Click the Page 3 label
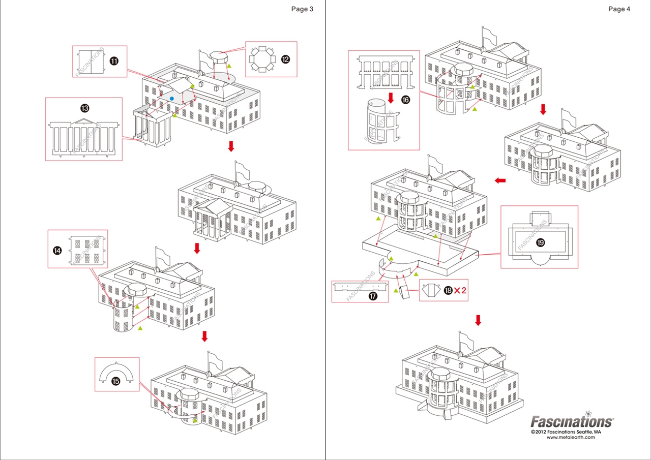302,9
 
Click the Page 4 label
619,9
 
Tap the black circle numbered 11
114,61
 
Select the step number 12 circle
285,59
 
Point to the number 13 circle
84,108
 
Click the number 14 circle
57,250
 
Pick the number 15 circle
115,381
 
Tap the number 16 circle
405,100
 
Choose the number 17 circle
373,296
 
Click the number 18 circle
448,290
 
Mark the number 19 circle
540,242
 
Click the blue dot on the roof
172,99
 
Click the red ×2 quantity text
460,290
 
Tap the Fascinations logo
572,420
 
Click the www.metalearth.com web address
571,437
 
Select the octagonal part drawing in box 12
262,59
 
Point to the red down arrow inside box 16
391,98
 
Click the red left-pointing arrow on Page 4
500,180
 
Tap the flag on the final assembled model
467,339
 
